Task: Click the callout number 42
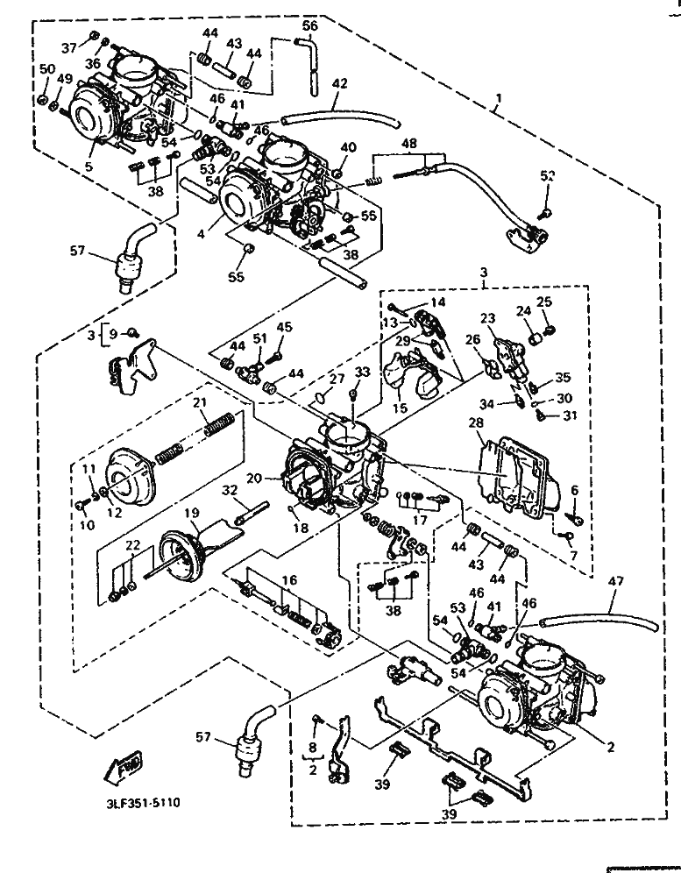(x=339, y=84)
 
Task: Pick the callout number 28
(x=477, y=423)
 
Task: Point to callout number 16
(x=288, y=579)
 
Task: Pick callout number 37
(x=69, y=46)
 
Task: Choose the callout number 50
(x=47, y=69)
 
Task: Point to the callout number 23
(x=487, y=319)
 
